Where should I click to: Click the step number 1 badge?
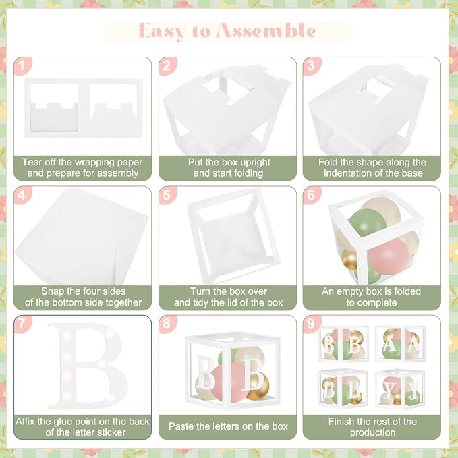(22, 65)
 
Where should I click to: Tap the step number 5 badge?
(167, 195)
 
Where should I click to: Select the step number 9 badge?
(312, 324)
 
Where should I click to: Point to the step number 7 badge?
(22, 324)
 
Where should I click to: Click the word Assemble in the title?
(266, 30)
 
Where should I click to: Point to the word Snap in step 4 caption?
(52, 291)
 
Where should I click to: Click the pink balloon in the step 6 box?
(389, 256)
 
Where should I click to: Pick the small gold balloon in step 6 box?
(349, 259)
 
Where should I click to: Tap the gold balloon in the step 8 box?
(257, 386)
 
